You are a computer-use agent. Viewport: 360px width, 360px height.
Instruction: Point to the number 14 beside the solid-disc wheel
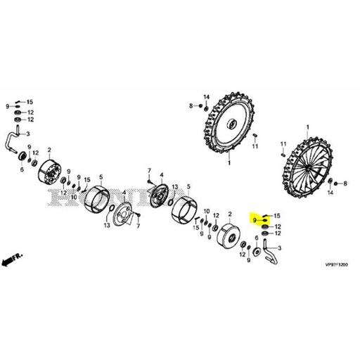[207, 96]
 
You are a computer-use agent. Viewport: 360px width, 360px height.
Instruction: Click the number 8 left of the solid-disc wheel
[191, 105]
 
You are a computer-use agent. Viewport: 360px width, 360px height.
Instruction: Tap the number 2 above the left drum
[49, 150]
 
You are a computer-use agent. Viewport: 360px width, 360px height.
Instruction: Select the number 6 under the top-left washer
[22, 169]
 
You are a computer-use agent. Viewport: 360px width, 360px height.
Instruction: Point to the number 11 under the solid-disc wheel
[255, 146]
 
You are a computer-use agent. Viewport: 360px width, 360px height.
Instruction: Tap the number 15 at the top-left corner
[30, 103]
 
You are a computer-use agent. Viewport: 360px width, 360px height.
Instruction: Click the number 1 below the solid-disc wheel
[229, 162]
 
